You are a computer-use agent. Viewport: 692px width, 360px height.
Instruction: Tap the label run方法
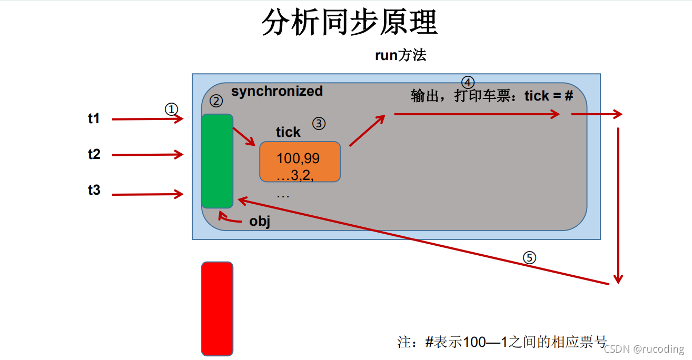[x=400, y=55]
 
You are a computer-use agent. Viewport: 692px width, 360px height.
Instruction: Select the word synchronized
[x=276, y=91]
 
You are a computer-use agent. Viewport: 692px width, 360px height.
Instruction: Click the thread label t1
[x=94, y=118]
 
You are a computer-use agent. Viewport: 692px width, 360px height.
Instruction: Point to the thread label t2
[x=94, y=154]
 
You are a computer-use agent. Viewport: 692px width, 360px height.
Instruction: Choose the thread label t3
[x=94, y=190]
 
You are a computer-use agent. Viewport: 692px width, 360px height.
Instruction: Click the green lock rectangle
[x=217, y=161]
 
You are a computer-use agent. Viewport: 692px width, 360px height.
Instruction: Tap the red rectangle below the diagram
[x=217, y=308]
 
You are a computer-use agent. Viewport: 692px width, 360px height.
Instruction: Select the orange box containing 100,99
[x=300, y=162]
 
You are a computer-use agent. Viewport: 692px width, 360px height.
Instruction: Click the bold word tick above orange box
[x=288, y=132]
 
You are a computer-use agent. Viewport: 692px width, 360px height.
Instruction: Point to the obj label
[x=260, y=221]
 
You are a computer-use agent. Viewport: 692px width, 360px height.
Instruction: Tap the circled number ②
[x=216, y=101]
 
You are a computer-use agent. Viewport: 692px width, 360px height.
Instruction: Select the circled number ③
[x=319, y=124]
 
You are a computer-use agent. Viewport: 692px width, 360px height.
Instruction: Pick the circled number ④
[x=468, y=83]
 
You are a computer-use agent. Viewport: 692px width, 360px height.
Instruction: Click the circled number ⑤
[x=529, y=257]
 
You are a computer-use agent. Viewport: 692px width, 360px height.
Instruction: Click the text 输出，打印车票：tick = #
[x=491, y=96]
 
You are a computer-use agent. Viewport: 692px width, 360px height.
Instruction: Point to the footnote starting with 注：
[x=502, y=342]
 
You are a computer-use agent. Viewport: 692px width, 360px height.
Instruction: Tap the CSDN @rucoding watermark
[x=644, y=349]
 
